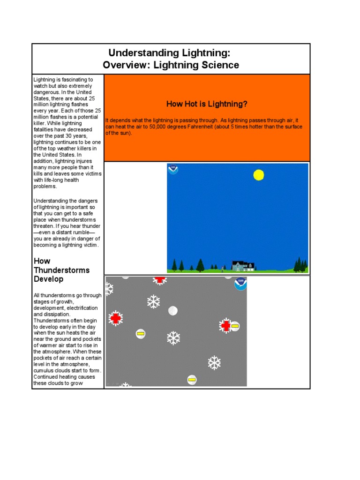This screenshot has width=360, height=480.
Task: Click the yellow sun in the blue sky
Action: click(x=258, y=175)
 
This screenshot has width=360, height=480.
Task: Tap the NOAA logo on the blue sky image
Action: click(x=173, y=169)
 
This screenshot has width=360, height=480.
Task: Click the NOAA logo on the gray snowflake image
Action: click(x=240, y=283)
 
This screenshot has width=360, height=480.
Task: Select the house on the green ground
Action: click(x=243, y=266)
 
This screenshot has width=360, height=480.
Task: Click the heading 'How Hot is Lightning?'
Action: click(x=207, y=104)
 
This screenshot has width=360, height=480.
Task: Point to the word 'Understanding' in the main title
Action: click(x=139, y=52)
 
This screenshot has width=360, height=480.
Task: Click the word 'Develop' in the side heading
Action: click(x=48, y=279)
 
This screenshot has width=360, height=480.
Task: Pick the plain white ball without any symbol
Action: click(x=173, y=310)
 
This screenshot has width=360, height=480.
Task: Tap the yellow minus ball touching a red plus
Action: click(x=235, y=326)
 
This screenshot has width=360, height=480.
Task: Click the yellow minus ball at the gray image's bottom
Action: click(x=192, y=379)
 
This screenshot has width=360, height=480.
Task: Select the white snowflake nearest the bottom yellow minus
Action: click(x=214, y=362)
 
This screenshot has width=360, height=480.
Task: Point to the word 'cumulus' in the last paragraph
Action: click(x=43, y=371)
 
